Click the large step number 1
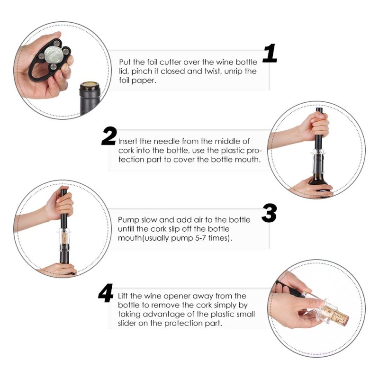click(270, 53)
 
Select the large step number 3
click(269, 213)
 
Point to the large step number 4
click(106, 293)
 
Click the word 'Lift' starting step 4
click(124, 296)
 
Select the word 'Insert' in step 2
click(127, 141)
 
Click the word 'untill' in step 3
click(126, 229)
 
